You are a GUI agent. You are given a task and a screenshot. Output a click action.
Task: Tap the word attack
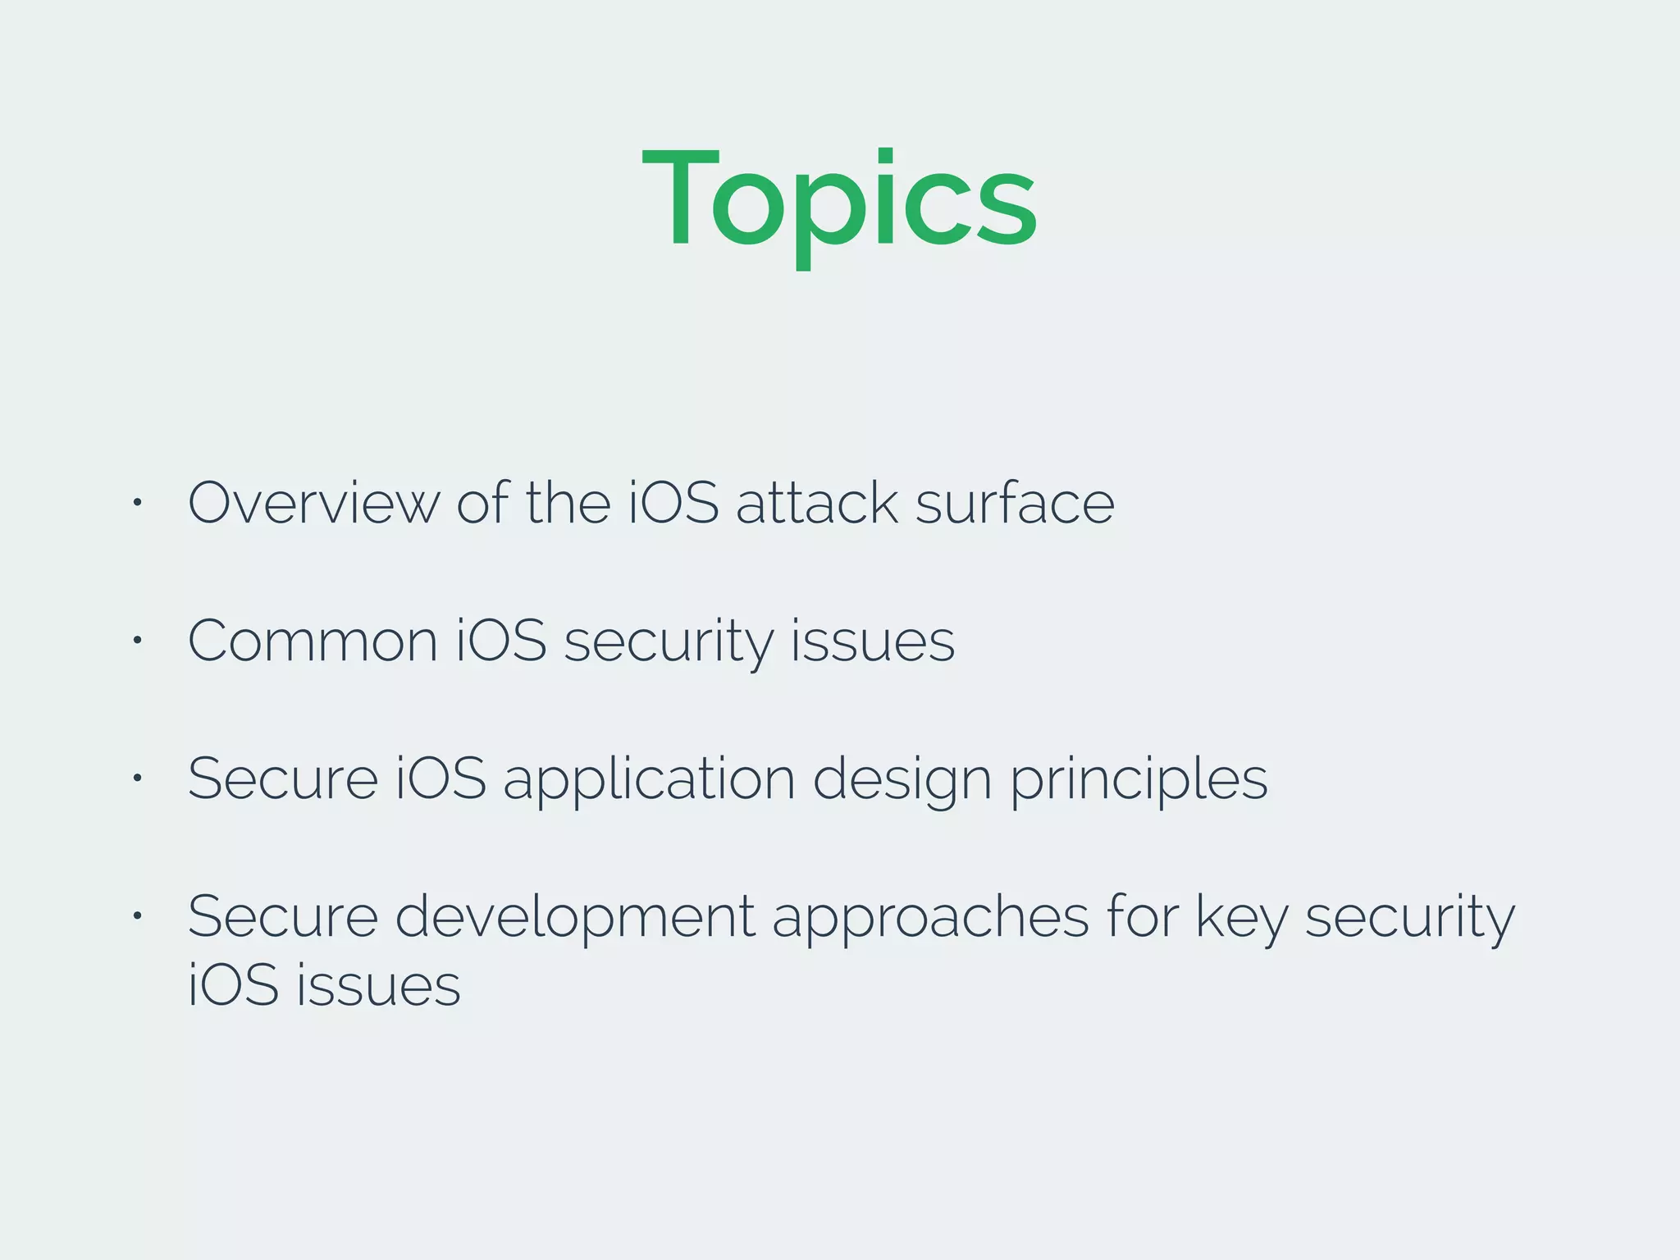point(816,503)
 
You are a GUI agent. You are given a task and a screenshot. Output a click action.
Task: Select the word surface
point(1015,503)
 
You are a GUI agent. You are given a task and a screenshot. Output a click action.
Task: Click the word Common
point(313,641)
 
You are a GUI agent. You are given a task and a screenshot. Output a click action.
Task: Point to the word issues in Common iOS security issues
point(873,641)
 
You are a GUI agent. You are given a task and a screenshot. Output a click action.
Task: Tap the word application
point(649,779)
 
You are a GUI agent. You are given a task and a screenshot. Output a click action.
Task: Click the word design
point(902,779)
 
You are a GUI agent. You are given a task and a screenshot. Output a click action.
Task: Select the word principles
point(1139,779)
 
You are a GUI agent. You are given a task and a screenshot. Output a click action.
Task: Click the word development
point(574,917)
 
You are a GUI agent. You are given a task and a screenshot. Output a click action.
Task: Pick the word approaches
point(930,917)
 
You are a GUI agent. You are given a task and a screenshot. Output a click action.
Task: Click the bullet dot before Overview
point(138,502)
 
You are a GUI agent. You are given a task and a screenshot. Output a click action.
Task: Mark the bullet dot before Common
point(138,640)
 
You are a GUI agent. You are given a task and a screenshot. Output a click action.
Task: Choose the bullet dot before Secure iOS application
point(138,778)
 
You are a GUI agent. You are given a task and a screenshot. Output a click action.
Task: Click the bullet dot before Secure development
point(138,915)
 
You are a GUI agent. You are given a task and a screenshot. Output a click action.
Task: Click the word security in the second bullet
point(668,641)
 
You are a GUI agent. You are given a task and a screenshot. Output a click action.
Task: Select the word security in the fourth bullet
point(1409,917)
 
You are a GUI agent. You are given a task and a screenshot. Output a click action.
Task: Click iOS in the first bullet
point(673,503)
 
